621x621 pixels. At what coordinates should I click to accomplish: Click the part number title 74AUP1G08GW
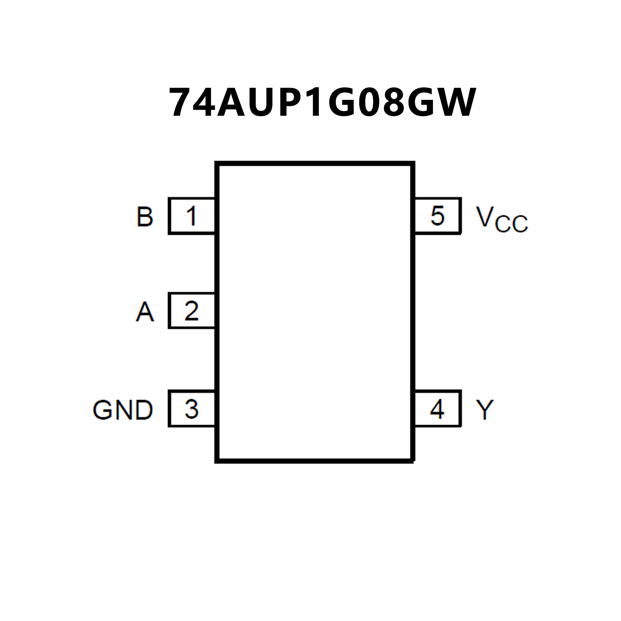pos(322,103)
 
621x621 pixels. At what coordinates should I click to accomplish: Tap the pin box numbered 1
pos(191,216)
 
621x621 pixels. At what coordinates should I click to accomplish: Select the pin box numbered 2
pos(191,311)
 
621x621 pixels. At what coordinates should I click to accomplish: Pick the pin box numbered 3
pos(191,409)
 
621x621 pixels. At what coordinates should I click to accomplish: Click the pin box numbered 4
pos(438,409)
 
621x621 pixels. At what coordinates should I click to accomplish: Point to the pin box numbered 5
pos(438,216)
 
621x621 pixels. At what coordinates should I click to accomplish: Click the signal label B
pos(145,216)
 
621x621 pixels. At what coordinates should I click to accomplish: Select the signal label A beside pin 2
pos(145,312)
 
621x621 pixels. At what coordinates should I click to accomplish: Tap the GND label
pos(123,410)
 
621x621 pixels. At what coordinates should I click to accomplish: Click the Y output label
pos(485,410)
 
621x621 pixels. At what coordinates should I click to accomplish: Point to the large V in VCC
pos(485,216)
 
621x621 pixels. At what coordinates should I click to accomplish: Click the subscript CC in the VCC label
pos(511,223)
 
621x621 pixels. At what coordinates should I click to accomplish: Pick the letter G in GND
pos(103,410)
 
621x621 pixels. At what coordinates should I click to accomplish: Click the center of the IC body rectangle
pos(315,312)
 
